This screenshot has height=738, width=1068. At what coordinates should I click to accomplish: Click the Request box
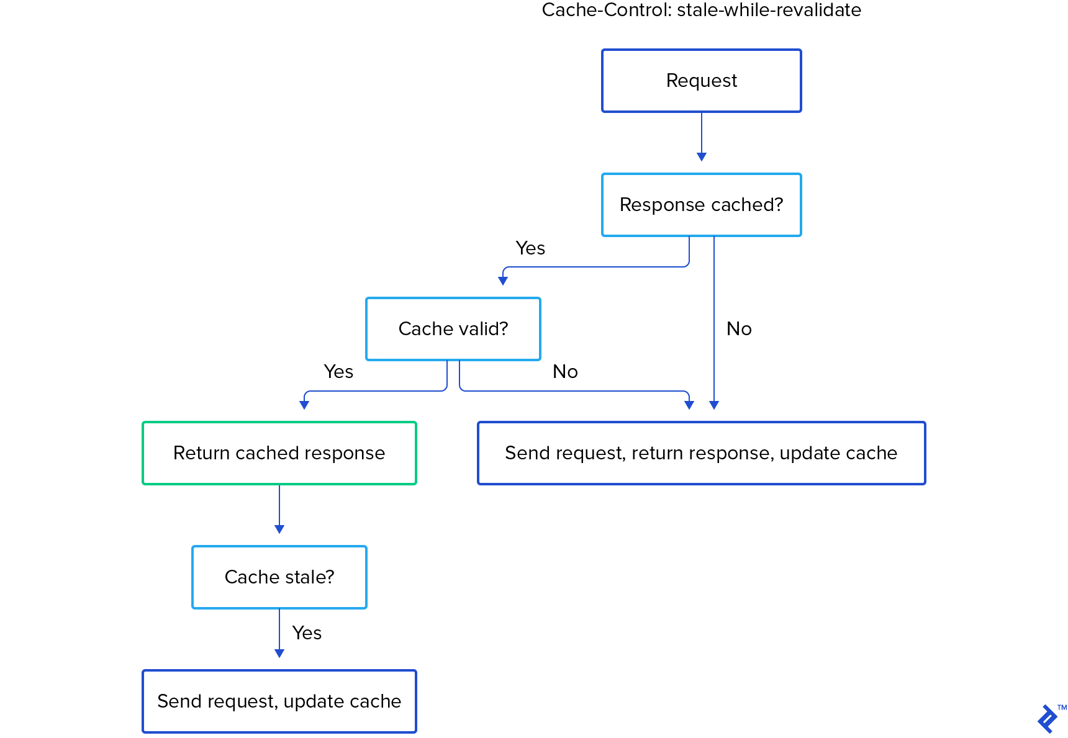(701, 81)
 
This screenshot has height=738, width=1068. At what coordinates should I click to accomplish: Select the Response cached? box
(701, 205)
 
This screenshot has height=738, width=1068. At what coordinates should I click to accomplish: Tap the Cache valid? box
(453, 329)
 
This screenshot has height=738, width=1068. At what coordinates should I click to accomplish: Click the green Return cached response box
(279, 453)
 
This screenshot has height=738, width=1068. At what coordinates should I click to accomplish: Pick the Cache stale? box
(279, 577)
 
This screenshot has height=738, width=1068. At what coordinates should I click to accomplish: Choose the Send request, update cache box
(279, 701)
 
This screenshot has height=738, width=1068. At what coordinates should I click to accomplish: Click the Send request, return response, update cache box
(701, 453)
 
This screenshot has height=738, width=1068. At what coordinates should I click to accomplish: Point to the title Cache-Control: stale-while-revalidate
(701, 10)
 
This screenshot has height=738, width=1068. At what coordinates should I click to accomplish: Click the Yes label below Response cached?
(530, 248)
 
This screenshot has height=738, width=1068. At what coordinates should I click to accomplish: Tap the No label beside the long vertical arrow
(739, 329)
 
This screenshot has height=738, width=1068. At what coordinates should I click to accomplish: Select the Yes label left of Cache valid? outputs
(338, 372)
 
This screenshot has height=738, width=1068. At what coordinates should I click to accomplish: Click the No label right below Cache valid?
(565, 372)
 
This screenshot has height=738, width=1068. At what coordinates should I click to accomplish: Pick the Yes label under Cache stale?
(307, 633)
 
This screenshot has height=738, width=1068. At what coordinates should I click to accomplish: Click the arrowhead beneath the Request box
(702, 157)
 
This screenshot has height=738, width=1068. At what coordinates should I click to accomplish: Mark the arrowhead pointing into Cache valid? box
(503, 281)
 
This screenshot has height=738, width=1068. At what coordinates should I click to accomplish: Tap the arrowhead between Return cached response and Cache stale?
(279, 529)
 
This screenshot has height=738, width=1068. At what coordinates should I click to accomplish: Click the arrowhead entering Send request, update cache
(279, 654)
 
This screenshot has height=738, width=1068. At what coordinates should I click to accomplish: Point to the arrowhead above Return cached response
(304, 405)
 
